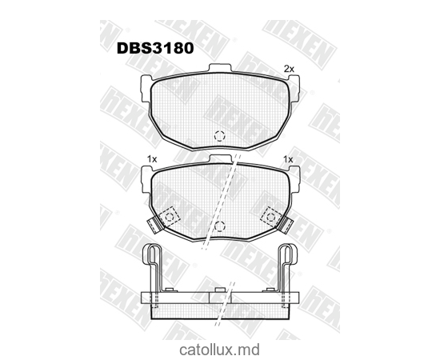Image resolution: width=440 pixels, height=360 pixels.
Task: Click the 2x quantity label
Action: pos(290,69)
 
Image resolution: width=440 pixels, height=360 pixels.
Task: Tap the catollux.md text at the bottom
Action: pos(221,349)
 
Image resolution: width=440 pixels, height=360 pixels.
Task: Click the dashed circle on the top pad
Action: pos(220,136)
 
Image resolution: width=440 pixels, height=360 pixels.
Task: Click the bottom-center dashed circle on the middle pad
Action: pos(220,227)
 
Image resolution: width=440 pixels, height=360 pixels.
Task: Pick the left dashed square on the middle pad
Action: pos(170,215)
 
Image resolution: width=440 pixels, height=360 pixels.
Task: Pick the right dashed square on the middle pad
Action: pos(270,214)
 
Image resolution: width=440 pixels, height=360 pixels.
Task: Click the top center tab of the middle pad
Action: pos(220,161)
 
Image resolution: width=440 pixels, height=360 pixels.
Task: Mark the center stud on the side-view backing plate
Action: pos(220,296)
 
